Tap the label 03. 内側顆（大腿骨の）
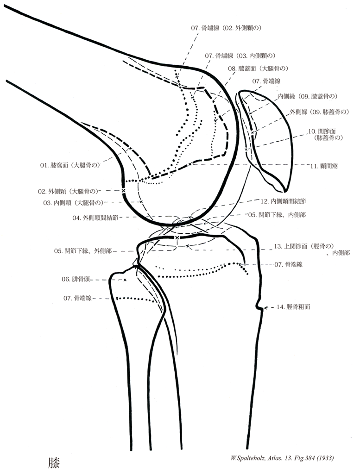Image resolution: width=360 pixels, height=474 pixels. coord(74,203)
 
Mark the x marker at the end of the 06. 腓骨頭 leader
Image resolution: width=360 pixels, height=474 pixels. coord(125,280)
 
